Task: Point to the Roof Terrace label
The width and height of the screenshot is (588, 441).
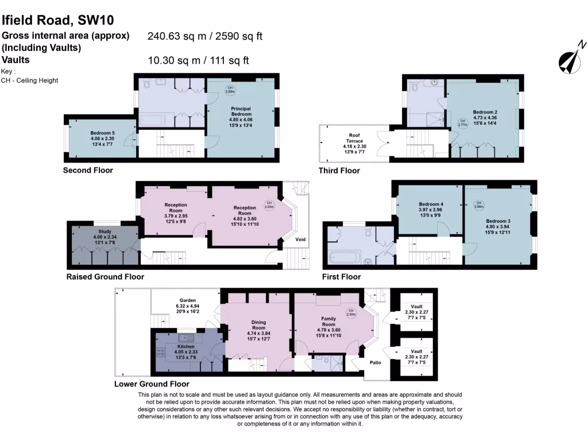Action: click(354, 138)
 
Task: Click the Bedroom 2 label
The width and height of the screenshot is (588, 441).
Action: click(485, 112)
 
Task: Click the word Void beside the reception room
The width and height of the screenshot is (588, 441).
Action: click(300, 239)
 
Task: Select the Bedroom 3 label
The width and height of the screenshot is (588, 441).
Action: click(498, 221)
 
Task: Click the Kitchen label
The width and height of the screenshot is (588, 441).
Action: click(186, 347)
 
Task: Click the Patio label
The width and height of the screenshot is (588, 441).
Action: click(376, 362)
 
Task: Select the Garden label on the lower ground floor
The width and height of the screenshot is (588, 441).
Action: click(187, 300)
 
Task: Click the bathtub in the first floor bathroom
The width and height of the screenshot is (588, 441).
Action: click(343, 257)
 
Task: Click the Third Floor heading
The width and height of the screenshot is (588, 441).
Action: click(339, 171)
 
